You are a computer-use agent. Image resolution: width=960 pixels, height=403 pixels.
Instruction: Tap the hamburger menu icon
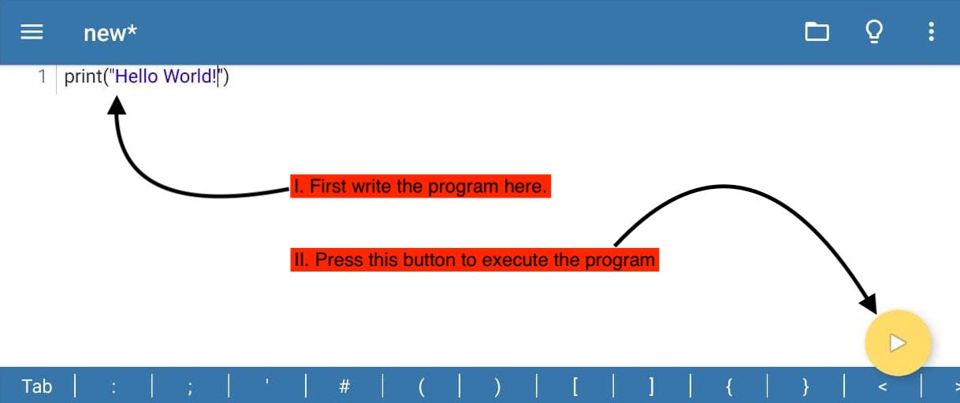coord(32,32)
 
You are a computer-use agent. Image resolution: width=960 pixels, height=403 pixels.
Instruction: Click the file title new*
coord(110,33)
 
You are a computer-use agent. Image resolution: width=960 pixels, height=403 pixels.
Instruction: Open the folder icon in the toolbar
coord(817,31)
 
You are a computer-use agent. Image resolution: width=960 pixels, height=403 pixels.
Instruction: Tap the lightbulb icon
coord(874,31)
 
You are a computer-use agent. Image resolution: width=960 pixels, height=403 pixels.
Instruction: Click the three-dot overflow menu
coord(931,31)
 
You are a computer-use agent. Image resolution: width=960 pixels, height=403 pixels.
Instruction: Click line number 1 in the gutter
coord(42,76)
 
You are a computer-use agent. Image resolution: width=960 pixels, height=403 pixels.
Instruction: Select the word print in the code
coord(83,77)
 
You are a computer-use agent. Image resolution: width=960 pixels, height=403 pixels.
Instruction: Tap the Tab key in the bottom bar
coord(37,386)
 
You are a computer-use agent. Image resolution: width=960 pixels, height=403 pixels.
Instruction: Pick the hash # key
coord(344,386)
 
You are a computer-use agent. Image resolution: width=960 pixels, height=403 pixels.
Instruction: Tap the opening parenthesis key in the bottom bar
coord(422,387)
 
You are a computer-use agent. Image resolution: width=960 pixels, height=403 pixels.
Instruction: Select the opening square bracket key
coord(575,387)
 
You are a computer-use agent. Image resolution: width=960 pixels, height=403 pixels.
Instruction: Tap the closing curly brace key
coord(806,387)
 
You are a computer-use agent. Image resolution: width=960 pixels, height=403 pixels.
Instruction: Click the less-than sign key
coord(883,387)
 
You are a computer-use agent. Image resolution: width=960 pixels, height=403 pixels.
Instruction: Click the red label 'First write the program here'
coord(420,186)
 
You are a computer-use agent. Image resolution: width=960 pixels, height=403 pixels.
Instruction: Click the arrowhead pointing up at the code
coord(117,105)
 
